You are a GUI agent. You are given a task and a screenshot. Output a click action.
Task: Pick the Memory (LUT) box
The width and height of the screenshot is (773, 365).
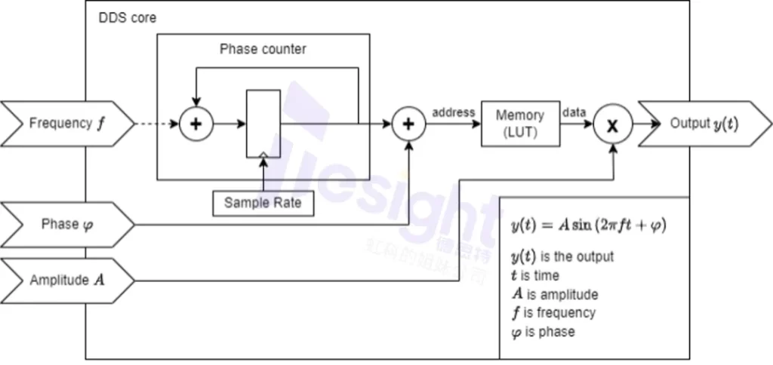click(x=519, y=123)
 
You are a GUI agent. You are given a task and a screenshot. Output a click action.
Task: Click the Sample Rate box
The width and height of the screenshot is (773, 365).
click(x=263, y=203)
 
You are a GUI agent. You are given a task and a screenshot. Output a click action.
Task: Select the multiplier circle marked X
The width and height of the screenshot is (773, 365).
click(x=612, y=125)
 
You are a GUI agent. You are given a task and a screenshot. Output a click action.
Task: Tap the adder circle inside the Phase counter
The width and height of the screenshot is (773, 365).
click(x=196, y=124)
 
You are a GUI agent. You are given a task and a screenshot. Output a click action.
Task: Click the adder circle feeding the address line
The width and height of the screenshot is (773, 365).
click(x=408, y=124)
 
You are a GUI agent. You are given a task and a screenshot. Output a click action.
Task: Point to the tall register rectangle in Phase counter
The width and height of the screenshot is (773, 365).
click(x=263, y=124)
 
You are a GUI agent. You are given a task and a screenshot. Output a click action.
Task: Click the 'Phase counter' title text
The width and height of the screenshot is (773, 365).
click(x=263, y=50)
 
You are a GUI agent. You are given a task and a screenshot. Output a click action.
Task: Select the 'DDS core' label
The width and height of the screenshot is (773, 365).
click(x=128, y=17)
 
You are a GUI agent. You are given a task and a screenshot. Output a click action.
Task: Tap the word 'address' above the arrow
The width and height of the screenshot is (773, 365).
click(x=453, y=112)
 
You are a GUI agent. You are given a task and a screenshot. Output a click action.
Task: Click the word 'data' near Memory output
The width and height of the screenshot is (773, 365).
click(x=574, y=112)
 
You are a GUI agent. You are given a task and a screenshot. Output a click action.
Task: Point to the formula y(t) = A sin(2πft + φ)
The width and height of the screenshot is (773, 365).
click(x=589, y=225)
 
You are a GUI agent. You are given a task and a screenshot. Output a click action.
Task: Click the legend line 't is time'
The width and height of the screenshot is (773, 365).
click(x=535, y=275)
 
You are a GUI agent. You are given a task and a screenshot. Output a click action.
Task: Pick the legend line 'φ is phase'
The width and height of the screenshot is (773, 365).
click(x=543, y=331)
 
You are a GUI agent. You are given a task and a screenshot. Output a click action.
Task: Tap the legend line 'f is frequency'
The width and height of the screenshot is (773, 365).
click(x=553, y=312)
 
